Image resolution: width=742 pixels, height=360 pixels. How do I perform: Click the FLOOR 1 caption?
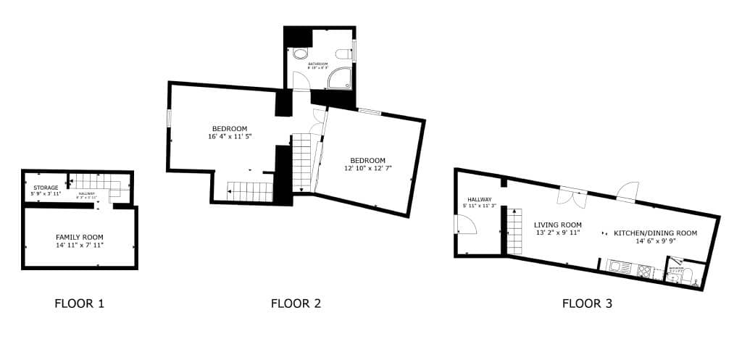pyautogui.click(x=80, y=304)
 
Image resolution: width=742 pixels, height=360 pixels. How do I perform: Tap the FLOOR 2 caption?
pyautogui.click(x=296, y=304)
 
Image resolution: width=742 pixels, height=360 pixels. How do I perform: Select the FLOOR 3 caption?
pyautogui.click(x=587, y=304)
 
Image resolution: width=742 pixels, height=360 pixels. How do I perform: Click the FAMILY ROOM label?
pyautogui.click(x=80, y=237)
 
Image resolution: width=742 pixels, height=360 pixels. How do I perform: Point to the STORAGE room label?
pyautogui.click(x=46, y=188)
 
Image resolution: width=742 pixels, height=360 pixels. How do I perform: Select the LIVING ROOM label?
pyautogui.click(x=558, y=225)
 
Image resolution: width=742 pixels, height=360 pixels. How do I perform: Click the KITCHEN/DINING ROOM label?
pyautogui.click(x=655, y=233)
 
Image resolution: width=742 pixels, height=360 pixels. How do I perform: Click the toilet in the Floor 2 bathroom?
pyautogui.click(x=343, y=53)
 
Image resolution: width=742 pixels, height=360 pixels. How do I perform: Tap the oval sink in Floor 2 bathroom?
pyautogui.click(x=300, y=54)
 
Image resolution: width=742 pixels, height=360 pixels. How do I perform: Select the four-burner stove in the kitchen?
pyautogui.click(x=643, y=270)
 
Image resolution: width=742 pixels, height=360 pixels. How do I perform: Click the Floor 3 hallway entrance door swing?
pyautogui.click(x=464, y=226)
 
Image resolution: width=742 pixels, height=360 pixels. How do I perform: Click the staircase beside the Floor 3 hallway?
pyautogui.click(x=514, y=230)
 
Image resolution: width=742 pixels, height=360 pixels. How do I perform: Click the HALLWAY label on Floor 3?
pyautogui.click(x=479, y=200)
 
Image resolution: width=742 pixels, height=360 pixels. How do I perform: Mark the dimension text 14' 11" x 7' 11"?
pyautogui.click(x=80, y=245)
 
